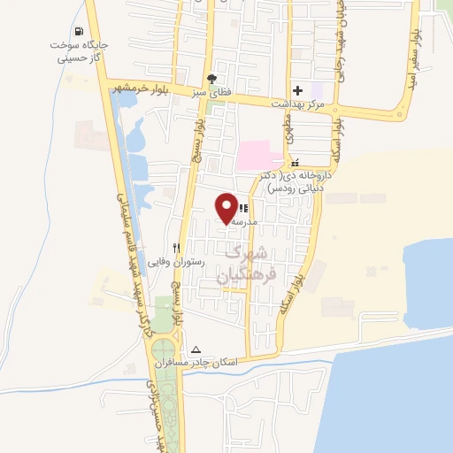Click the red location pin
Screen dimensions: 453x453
[x=227, y=208]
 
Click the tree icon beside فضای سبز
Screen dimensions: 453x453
[x=211, y=77]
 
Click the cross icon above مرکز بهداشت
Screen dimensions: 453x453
[x=298, y=89]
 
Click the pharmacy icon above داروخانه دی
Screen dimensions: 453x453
[x=296, y=163]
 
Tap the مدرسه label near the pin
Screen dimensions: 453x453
[x=242, y=222]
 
